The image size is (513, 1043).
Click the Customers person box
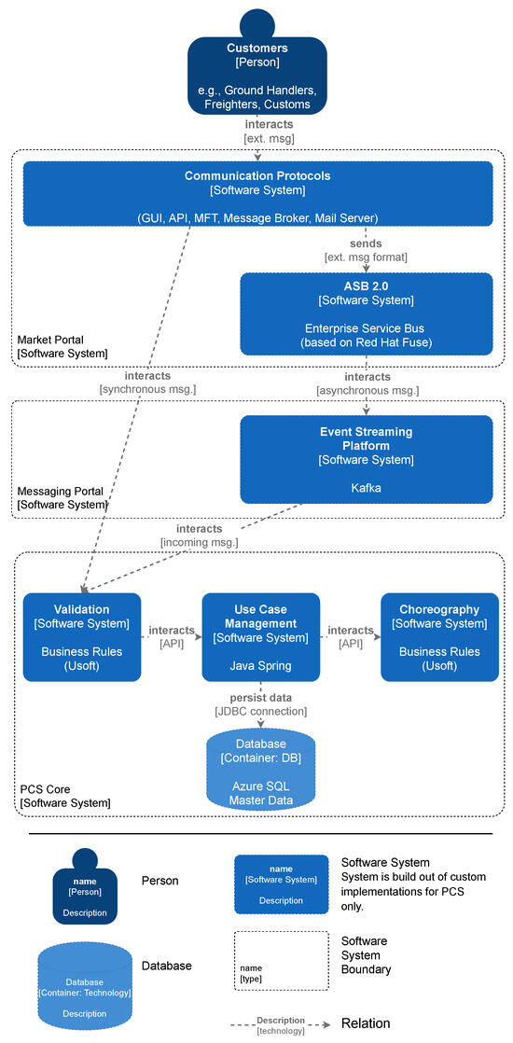pyautogui.click(x=257, y=75)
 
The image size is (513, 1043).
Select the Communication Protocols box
pyautogui.click(x=257, y=193)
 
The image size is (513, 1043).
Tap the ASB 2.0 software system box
pyautogui.click(x=366, y=313)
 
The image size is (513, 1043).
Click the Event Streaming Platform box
pyautogui.click(x=366, y=459)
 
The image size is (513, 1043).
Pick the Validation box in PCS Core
pyautogui.click(x=82, y=637)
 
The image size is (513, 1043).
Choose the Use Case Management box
pyautogui.click(x=260, y=637)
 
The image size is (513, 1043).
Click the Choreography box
pyautogui.click(x=439, y=637)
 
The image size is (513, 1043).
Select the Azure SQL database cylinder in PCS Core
pyautogui.click(x=260, y=769)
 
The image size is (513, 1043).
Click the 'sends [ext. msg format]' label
pyautogui.click(x=366, y=250)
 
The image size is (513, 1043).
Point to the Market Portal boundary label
pyautogui.click(x=62, y=346)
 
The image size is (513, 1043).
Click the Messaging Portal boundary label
pyautogui.click(x=62, y=497)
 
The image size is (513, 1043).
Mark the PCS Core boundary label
pyautogui.click(x=65, y=796)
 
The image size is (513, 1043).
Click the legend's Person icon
pyautogui.click(x=85, y=885)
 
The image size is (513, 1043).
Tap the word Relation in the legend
pyautogui.click(x=366, y=1023)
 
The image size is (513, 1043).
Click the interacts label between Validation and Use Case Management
pyautogui.click(x=172, y=637)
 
